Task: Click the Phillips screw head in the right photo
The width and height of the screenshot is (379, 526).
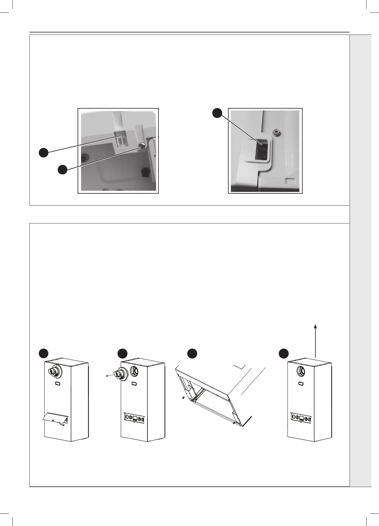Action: (x=276, y=131)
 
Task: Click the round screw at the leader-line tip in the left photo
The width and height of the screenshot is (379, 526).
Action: (x=142, y=145)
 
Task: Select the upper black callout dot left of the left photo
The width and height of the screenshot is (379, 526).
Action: (x=43, y=152)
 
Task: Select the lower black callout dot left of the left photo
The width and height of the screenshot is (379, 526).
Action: (x=62, y=170)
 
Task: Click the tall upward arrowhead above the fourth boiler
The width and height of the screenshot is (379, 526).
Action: (x=316, y=326)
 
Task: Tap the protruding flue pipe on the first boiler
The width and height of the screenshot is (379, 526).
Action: (x=53, y=371)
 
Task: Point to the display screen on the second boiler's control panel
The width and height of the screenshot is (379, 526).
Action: (x=135, y=418)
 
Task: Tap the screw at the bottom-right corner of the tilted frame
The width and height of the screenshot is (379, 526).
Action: (x=235, y=422)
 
